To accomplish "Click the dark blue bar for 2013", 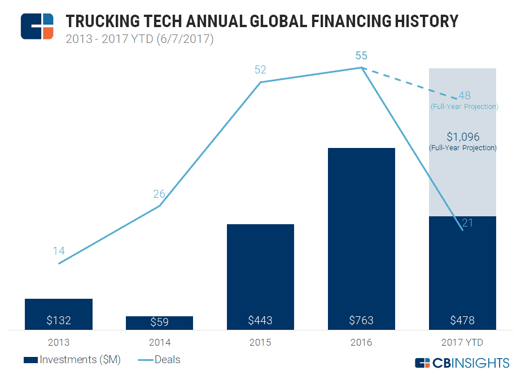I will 59,313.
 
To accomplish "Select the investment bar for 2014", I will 159,322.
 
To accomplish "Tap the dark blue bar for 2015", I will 260,277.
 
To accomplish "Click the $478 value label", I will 462,320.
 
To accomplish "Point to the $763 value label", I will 361,320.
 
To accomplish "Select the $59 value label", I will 160,321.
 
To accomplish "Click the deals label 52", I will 260,70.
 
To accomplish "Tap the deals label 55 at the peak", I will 361,55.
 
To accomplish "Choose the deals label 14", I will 59,251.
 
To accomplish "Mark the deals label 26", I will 159,194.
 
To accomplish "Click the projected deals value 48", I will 465,95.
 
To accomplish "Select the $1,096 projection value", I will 462,137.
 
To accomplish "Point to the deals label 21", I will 467,223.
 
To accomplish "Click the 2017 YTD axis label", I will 462,342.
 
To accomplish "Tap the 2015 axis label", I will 260,342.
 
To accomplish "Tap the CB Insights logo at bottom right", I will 462,363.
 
